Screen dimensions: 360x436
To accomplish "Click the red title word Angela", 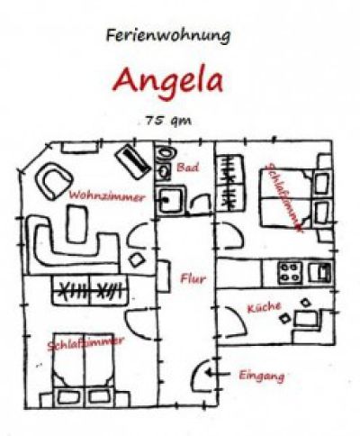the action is (x=168, y=80).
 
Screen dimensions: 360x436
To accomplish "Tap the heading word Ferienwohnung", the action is (x=168, y=35).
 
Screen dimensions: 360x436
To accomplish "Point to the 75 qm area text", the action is (x=168, y=121).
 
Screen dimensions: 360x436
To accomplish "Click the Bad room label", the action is (x=188, y=167).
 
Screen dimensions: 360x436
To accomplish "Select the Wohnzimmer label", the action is (x=107, y=196).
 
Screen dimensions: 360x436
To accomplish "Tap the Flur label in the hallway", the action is (x=193, y=278).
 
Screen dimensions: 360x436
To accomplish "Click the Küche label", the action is (x=264, y=307).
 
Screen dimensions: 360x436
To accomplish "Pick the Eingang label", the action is (x=262, y=376).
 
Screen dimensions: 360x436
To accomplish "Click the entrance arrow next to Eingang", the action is (x=218, y=374).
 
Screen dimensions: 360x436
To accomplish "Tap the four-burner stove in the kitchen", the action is (x=290, y=273).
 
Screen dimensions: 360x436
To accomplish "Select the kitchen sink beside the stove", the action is (x=320, y=272).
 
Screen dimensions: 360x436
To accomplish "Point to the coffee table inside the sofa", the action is (x=76, y=223).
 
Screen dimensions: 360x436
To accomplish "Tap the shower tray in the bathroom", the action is (x=170, y=199).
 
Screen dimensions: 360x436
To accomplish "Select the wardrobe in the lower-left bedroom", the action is (x=89, y=291).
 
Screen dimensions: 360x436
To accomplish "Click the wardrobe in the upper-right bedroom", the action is (x=230, y=183).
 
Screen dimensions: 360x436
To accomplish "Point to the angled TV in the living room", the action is (x=133, y=161).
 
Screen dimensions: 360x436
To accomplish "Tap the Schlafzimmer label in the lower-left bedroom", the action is (x=85, y=343).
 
